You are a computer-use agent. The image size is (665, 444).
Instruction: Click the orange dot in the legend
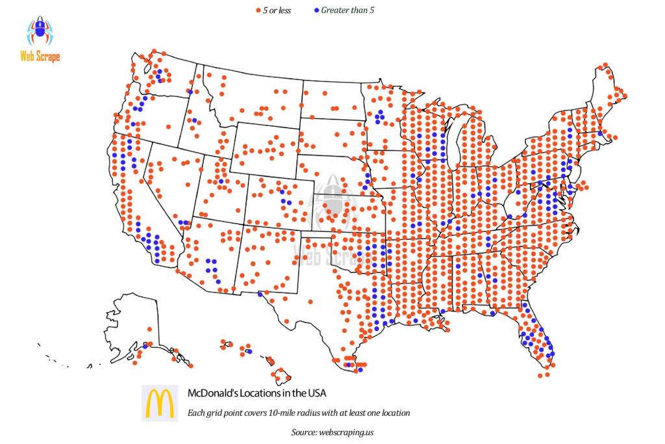tap(259, 10)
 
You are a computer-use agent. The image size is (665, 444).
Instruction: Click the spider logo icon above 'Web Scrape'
tap(39, 31)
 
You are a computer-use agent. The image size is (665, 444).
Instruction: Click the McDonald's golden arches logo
tap(160, 403)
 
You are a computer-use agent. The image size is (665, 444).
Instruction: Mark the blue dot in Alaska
tap(145, 345)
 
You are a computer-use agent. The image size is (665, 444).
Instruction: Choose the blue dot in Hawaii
tap(249, 352)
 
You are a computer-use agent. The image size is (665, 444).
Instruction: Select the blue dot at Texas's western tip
tap(260, 294)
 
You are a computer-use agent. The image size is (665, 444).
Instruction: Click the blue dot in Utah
tap(221, 181)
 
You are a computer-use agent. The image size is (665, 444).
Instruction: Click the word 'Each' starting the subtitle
tap(195, 413)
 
